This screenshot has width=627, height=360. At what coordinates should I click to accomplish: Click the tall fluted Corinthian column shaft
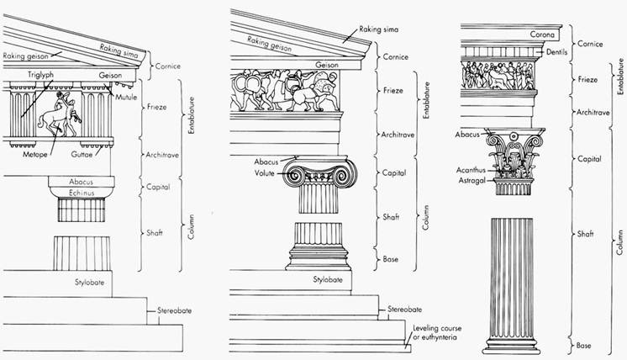[x=512, y=278]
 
